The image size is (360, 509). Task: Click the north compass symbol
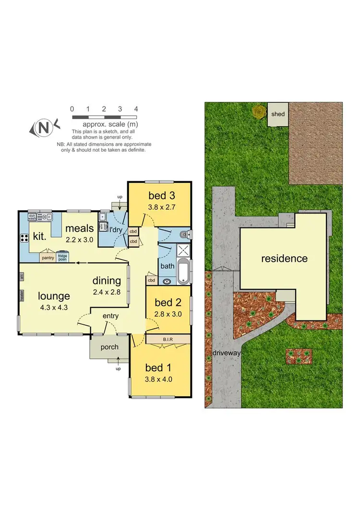tap(44, 128)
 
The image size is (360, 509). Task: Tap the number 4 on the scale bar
tap(136, 109)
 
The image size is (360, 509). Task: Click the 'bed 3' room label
tap(158, 195)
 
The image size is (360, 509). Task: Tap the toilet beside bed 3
tap(186, 235)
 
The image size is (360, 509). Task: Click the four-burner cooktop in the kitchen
tap(24, 238)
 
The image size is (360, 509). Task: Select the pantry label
tap(48, 258)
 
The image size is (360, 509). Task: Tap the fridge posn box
tap(62, 257)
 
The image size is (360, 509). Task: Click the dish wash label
tap(33, 217)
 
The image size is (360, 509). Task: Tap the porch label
tap(109, 348)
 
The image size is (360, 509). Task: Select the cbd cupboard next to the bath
tap(151, 280)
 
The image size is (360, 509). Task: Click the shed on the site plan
tap(278, 114)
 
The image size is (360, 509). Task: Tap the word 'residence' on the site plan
tap(284, 259)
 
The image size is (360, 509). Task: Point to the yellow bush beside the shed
tap(259, 112)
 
